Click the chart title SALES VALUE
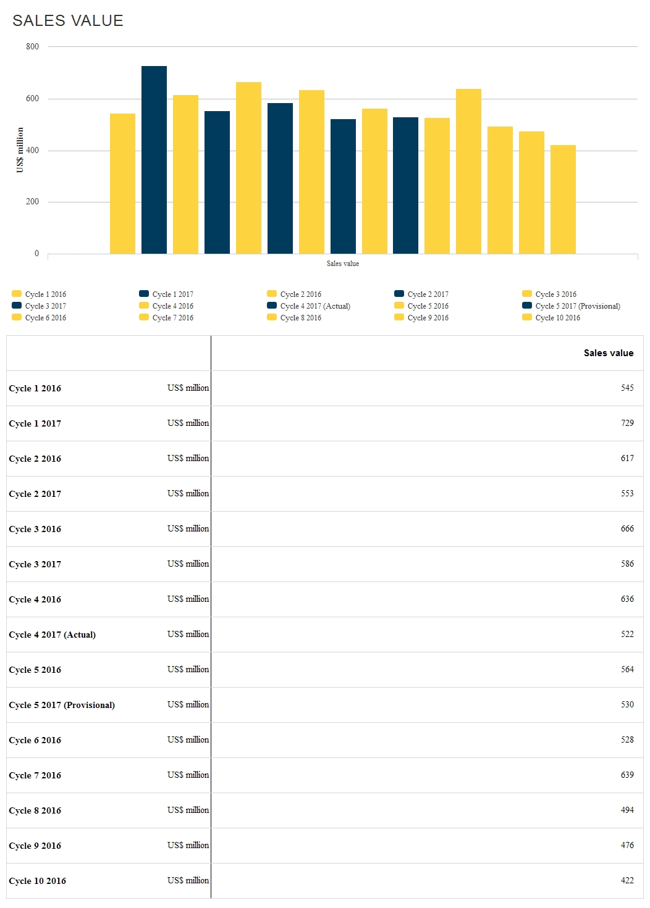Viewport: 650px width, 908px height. [68, 21]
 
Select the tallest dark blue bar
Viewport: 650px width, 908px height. [154, 160]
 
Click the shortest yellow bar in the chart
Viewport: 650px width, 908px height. [563, 199]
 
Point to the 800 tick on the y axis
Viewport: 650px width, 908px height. [32, 47]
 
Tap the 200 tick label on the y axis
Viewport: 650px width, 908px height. [32, 202]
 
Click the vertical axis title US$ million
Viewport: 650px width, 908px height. [20, 150]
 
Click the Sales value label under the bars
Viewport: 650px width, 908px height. [342, 264]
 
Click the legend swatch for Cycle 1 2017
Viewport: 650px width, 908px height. [144, 294]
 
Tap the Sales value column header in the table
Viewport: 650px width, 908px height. [608, 353]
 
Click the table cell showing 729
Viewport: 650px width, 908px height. [627, 423]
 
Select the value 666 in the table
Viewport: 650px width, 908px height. [627, 529]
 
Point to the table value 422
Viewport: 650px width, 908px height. [627, 881]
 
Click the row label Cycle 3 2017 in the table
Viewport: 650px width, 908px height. [35, 564]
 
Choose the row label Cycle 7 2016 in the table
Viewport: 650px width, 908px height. [35, 775]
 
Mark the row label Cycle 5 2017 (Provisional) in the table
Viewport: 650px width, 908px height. [62, 705]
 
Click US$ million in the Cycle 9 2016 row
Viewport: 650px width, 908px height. [188, 846]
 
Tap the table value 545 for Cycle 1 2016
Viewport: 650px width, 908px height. [627, 388]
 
